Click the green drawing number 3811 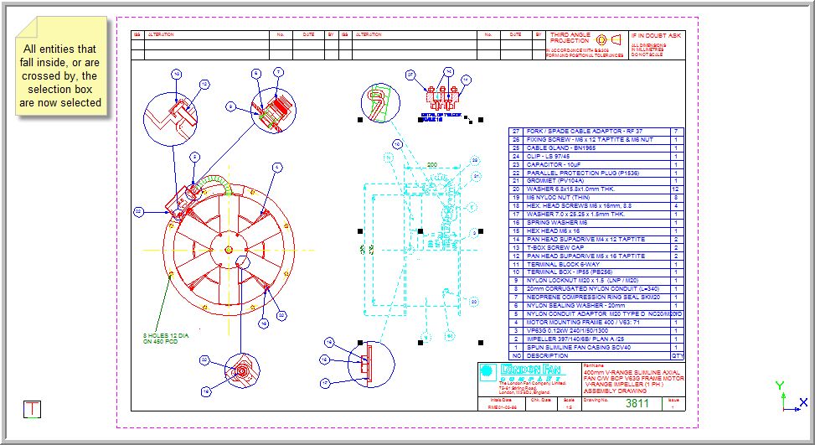pos(637,403)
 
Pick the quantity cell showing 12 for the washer pos(675,189)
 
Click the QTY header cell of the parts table pos(678,355)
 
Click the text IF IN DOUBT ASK pos(657,36)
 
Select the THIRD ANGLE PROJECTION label pos(570,39)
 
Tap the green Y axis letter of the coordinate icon pos(780,385)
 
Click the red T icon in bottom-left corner pos(32,409)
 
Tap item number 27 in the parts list pos(516,132)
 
